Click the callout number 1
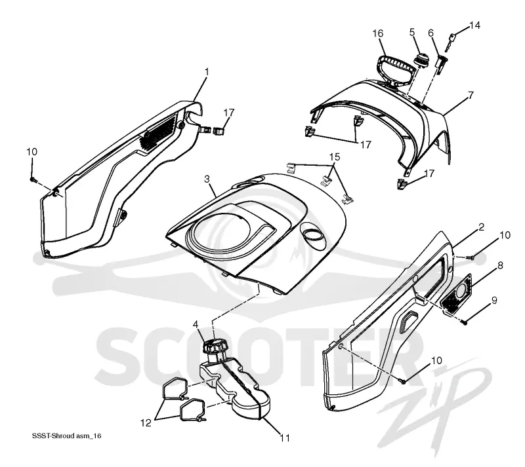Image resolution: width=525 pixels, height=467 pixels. [x=207, y=72]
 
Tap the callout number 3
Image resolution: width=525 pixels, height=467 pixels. [x=207, y=179]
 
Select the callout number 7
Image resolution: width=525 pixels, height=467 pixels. [x=471, y=95]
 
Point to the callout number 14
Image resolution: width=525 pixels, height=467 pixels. [x=474, y=26]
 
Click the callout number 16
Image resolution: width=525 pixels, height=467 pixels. [x=378, y=33]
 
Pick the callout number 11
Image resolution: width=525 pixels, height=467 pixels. [x=285, y=438]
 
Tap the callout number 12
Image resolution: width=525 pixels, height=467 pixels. [x=146, y=423]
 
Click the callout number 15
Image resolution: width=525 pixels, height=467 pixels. [x=335, y=157]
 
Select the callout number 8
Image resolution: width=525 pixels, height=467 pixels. [x=500, y=265]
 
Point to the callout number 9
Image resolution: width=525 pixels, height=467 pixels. [x=494, y=300]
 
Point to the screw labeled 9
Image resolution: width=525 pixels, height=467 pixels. [x=464, y=323]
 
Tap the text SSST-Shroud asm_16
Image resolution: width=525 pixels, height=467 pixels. [x=67, y=436]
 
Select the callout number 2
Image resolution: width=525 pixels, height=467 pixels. [x=482, y=227]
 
